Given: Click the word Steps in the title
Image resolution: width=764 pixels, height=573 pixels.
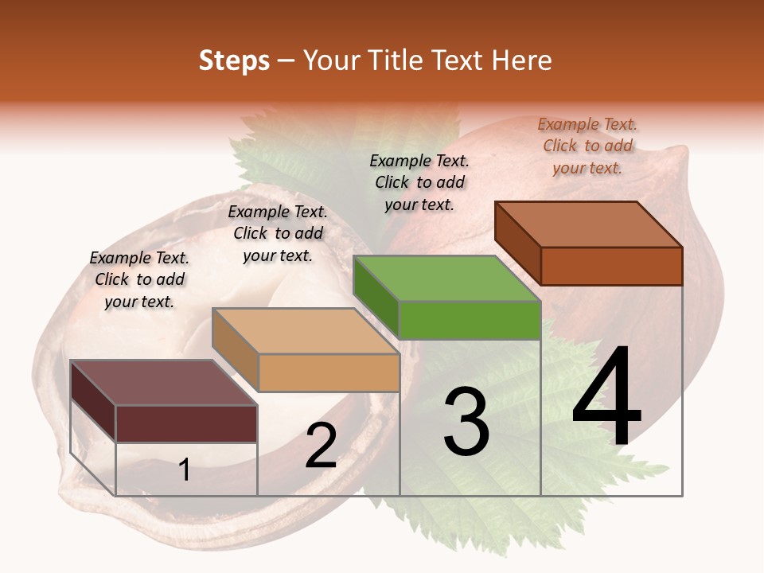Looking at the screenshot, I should point(234,60).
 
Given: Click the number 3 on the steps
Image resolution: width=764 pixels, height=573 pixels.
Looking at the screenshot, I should point(466,422).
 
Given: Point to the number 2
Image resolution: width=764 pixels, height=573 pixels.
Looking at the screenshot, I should point(322,446).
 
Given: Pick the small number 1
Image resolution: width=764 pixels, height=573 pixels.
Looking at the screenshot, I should point(185,470).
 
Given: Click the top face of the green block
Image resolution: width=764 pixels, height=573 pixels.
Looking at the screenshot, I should point(446,279).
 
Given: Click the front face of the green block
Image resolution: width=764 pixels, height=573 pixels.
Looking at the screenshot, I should point(470,321).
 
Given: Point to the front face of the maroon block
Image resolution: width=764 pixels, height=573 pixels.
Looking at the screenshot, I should point(186,423).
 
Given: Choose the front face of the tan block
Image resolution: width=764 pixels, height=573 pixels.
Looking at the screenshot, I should point(329,372).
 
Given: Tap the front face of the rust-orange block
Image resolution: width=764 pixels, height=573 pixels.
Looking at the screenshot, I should point(611,266).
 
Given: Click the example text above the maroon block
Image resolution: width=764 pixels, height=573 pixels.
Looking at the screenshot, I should point(139,279).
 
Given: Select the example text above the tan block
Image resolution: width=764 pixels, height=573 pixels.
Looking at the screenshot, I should point(278,233).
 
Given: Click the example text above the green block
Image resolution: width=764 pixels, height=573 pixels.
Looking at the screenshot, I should point(419,182).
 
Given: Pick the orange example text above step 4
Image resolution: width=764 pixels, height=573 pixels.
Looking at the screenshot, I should point(587,146).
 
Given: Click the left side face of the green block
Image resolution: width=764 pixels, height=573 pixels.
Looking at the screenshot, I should point(376,297).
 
